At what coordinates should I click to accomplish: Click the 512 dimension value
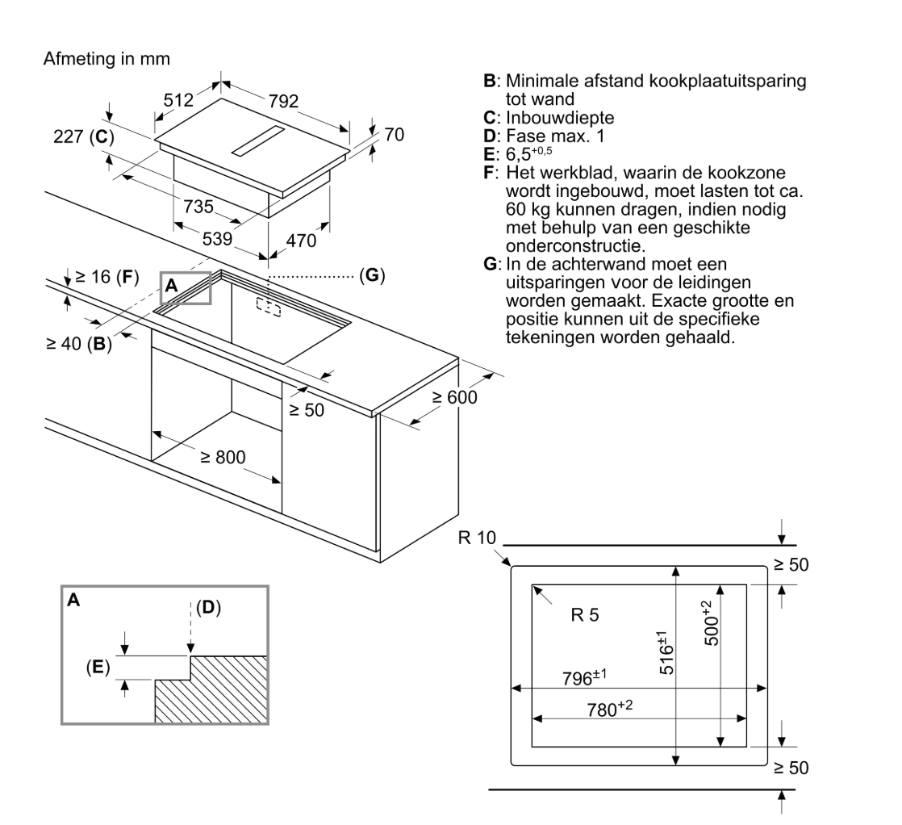(x=179, y=102)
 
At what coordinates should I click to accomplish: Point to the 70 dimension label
(x=394, y=135)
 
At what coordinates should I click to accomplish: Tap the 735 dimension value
(x=198, y=207)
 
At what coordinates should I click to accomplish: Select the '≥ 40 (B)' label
(x=77, y=343)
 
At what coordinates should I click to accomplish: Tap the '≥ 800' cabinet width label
(x=223, y=457)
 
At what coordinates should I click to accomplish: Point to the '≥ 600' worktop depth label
(x=454, y=397)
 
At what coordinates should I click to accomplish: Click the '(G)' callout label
(x=372, y=275)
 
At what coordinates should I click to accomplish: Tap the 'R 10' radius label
(x=476, y=538)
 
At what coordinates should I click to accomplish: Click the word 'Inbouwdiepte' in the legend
(x=556, y=118)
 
